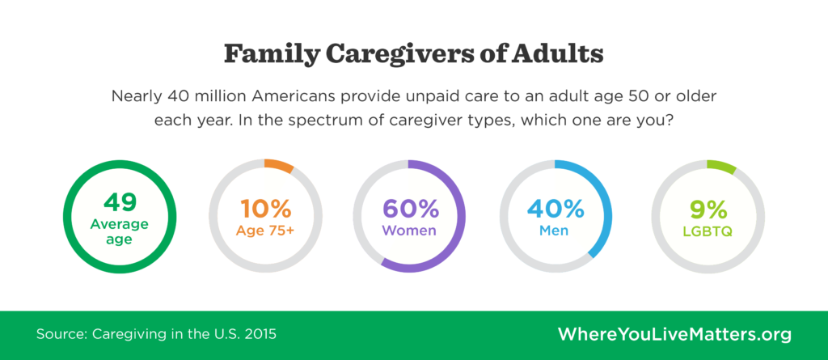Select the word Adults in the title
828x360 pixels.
[564, 55]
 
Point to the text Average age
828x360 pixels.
[120, 231]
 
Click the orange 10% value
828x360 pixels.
[265, 209]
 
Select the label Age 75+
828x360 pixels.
[265, 230]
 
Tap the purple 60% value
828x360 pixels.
[410, 209]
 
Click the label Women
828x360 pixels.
[410, 230]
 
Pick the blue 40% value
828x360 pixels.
[556, 209]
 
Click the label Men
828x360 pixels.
[556, 230]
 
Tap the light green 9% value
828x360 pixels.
[708, 209]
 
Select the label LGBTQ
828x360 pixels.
[708, 230]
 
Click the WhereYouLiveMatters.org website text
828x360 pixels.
[674, 334]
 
